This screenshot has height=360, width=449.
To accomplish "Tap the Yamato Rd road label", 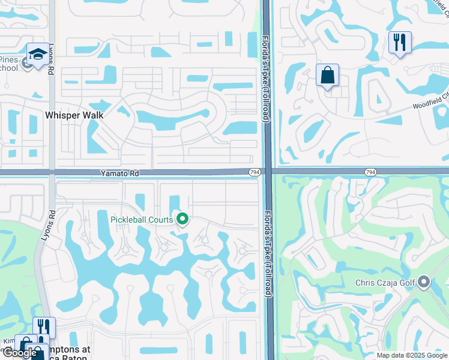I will (119, 173).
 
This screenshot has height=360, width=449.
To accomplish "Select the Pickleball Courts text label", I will (142, 220).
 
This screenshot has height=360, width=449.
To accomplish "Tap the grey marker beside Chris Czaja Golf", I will (424, 281).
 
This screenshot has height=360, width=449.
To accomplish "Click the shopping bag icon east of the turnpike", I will (328, 76).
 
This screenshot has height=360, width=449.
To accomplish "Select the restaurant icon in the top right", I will (400, 43).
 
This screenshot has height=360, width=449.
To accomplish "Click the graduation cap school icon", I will (38, 55).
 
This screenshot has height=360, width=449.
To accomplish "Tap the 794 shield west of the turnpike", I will (255, 173).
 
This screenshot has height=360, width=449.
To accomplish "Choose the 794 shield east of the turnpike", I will (370, 172).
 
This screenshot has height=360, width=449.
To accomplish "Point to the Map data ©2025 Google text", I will (411, 355).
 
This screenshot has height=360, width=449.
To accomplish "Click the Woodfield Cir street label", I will (430, 102).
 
